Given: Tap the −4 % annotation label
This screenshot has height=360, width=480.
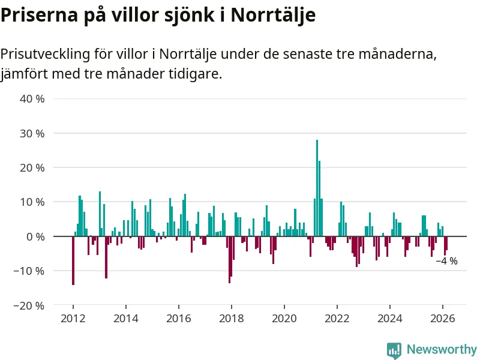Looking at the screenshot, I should coord(446,261).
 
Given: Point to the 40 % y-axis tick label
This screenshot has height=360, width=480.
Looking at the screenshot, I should coord(32,99).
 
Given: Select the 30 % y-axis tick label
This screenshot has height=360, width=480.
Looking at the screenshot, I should coord(32,133).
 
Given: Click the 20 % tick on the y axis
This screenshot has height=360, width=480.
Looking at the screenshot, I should coord(32,167).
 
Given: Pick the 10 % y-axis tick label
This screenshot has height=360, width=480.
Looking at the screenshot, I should coord(32,202).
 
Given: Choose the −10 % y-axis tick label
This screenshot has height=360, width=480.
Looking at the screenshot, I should coord(30,271).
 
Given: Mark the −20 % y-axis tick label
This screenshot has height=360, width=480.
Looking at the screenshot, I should coord(30,305).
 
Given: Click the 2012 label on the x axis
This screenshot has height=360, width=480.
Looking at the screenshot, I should coord(73,319).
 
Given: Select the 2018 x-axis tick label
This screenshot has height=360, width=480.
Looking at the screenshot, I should coord(231,319).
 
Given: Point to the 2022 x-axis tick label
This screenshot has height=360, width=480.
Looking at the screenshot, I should coord(337,319).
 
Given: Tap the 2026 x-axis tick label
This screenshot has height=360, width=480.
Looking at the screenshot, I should coord(443,319).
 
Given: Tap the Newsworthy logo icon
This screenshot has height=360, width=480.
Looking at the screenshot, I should coord(394,350).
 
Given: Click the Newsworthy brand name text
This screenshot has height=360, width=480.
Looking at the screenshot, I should coord(442,349).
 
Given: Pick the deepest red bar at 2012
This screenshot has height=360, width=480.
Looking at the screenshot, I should coord(73,260).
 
